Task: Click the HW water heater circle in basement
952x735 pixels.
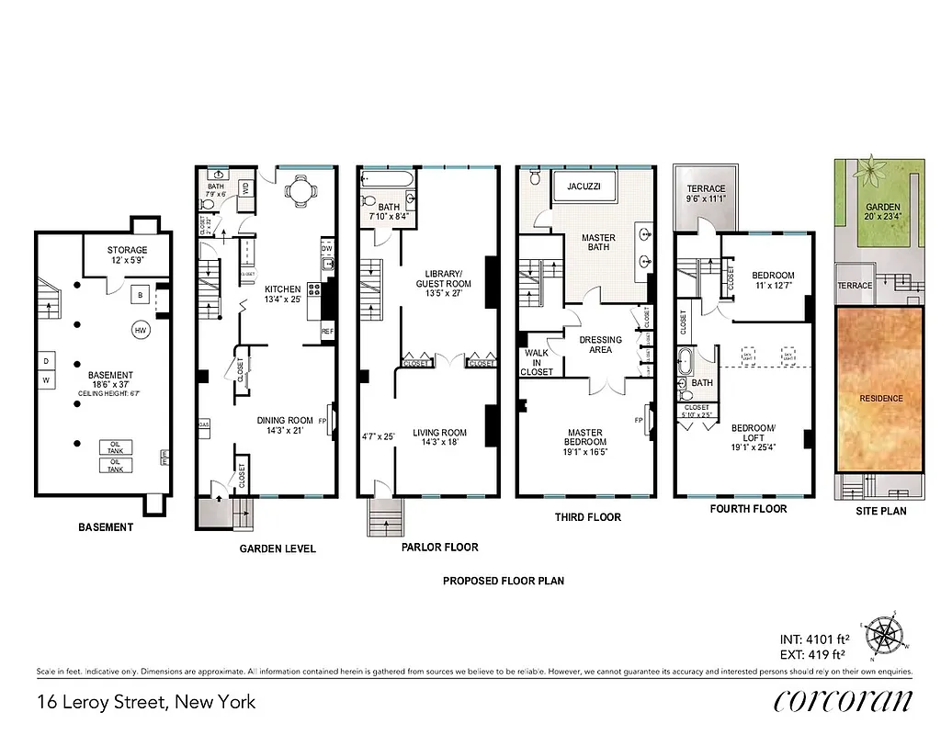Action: pyautogui.click(x=141, y=331)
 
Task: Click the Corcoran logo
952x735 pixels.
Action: pyautogui.click(x=843, y=701)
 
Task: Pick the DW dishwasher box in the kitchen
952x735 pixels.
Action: pyautogui.click(x=326, y=249)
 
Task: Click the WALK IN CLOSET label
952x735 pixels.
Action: pyautogui.click(x=537, y=362)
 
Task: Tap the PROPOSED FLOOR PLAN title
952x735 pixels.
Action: pyautogui.click(x=503, y=581)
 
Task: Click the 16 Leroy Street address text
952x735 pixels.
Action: pyautogui.click(x=146, y=703)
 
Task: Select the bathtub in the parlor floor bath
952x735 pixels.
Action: pyautogui.click(x=381, y=177)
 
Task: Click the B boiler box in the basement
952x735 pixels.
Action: pyautogui.click(x=140, y=296)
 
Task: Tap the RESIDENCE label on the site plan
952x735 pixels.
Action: pyautogui.click(x=881, y=399)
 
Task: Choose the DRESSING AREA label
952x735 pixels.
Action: pyautogui.click(x=601, y=345)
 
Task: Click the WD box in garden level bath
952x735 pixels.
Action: pyautogui.click(x=245, y=187)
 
